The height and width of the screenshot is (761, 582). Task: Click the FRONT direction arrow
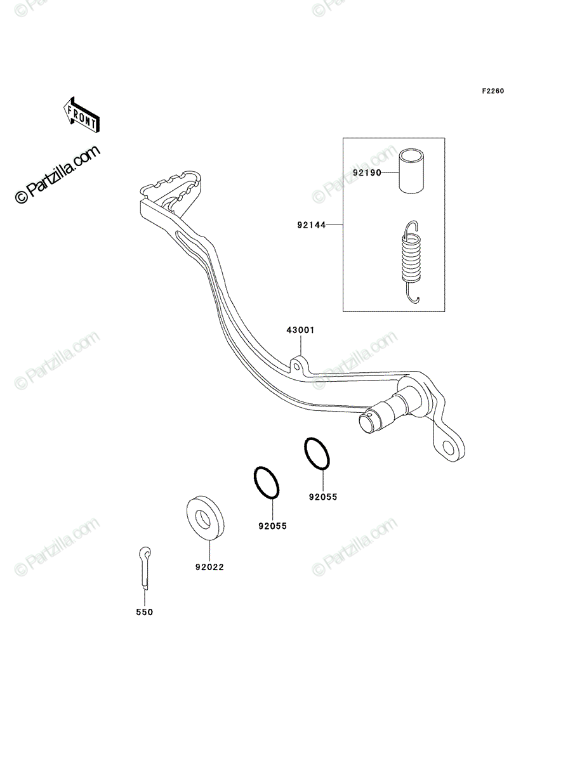click(x=81, y=115)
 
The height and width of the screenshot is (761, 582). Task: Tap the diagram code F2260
click(x=493, y=91)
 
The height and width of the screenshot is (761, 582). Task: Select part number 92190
click(x=367, y=172)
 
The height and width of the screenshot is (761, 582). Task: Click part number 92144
click(x=311, y=225)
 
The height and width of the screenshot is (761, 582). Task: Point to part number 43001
click(x=300, y=330)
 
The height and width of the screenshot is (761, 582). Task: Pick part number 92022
click(x=209, y=567)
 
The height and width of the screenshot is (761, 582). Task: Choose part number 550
click(x=144, y=622)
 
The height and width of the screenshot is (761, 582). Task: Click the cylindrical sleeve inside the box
click(x=412, y=171)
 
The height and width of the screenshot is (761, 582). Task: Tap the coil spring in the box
click(x=411, y=262)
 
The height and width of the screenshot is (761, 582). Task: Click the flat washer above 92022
click(x=205, y=518)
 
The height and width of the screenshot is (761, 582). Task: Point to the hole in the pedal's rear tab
click(x=448, y=448)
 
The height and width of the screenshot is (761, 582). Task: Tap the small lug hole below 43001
click(x=296, y=366)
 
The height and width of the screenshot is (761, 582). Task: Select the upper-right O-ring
click(x=317, y=453)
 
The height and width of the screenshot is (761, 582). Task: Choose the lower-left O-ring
click(x=267, y=483)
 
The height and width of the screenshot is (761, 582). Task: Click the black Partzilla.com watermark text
click(x=58, y=174)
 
